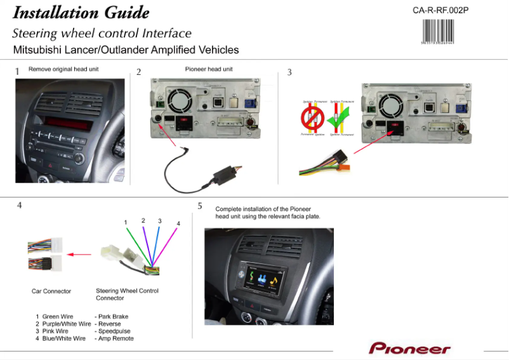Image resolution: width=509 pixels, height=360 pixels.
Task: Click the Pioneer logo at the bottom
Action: click(409, 349)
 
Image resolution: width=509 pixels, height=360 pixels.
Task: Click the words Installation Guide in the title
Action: click(81, 13)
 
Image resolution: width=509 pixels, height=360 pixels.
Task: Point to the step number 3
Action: click(289, 72)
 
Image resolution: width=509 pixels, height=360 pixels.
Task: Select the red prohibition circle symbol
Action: click(312, 118)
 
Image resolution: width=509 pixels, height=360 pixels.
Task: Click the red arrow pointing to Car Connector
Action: click(79, 255)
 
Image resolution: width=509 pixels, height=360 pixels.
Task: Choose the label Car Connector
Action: click(51, 291)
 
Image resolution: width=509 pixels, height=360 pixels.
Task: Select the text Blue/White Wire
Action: click(64, 338)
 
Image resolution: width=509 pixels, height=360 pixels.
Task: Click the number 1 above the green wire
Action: click(126, 222)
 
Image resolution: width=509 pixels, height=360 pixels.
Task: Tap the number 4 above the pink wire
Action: click(178, 223)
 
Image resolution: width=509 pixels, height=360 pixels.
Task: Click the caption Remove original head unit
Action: click(63, 69)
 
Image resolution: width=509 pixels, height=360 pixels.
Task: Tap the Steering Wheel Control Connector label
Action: click(126, 295)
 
